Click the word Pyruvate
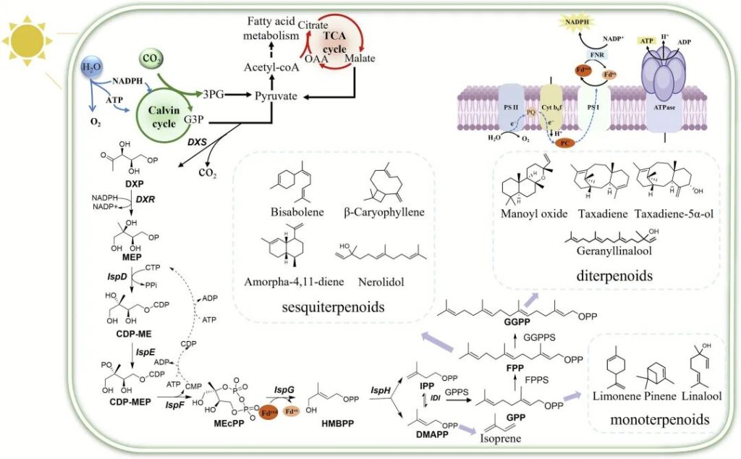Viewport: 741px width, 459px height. [276, 95]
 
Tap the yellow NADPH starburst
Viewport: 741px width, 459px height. [556, 22]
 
